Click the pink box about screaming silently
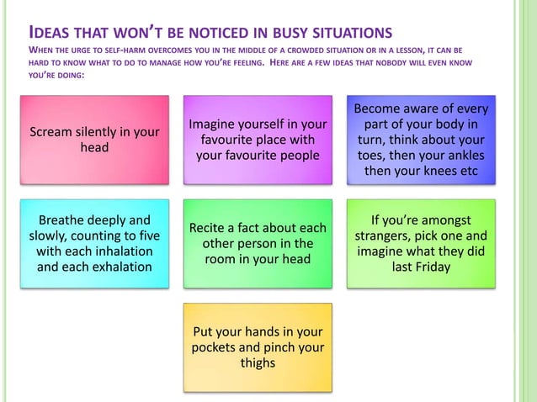point(94,140)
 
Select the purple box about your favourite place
point(258,140)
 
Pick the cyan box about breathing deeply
point(94,244)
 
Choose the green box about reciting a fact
point(258,244)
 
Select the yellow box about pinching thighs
point(258,347)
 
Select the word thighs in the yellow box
point(258,363)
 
